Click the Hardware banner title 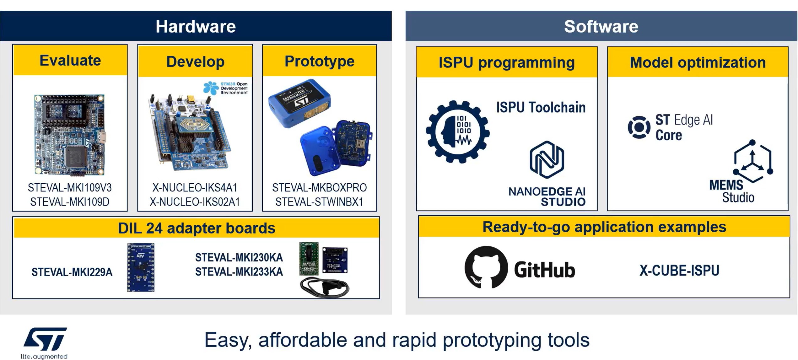[x=196, y=26]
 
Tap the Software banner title [x=601, y=26]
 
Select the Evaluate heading [x=70, y=60]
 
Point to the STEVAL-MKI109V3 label [x=70, y=188]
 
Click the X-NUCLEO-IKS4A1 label [x=195, y=188]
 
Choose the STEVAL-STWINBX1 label [x=319, y=202]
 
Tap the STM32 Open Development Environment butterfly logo [x=211, y=88]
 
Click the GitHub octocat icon [x=486, y=267]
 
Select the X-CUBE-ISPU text [x=679, y=271]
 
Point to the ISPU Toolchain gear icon [x=458, y=132]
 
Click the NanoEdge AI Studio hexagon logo [x=547, y=160]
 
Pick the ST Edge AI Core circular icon [x=639, y=127]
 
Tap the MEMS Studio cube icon [x=752, y=162]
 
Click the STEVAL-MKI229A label [x=72, y=272]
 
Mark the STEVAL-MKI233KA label [x=239, y=272]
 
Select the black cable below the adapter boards [x=325, y=287]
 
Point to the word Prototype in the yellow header [x=319, y=61]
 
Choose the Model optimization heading [x=698, y=62]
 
